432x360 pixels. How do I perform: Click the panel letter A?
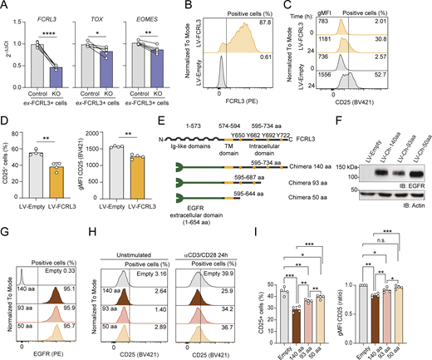coord(5,7)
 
